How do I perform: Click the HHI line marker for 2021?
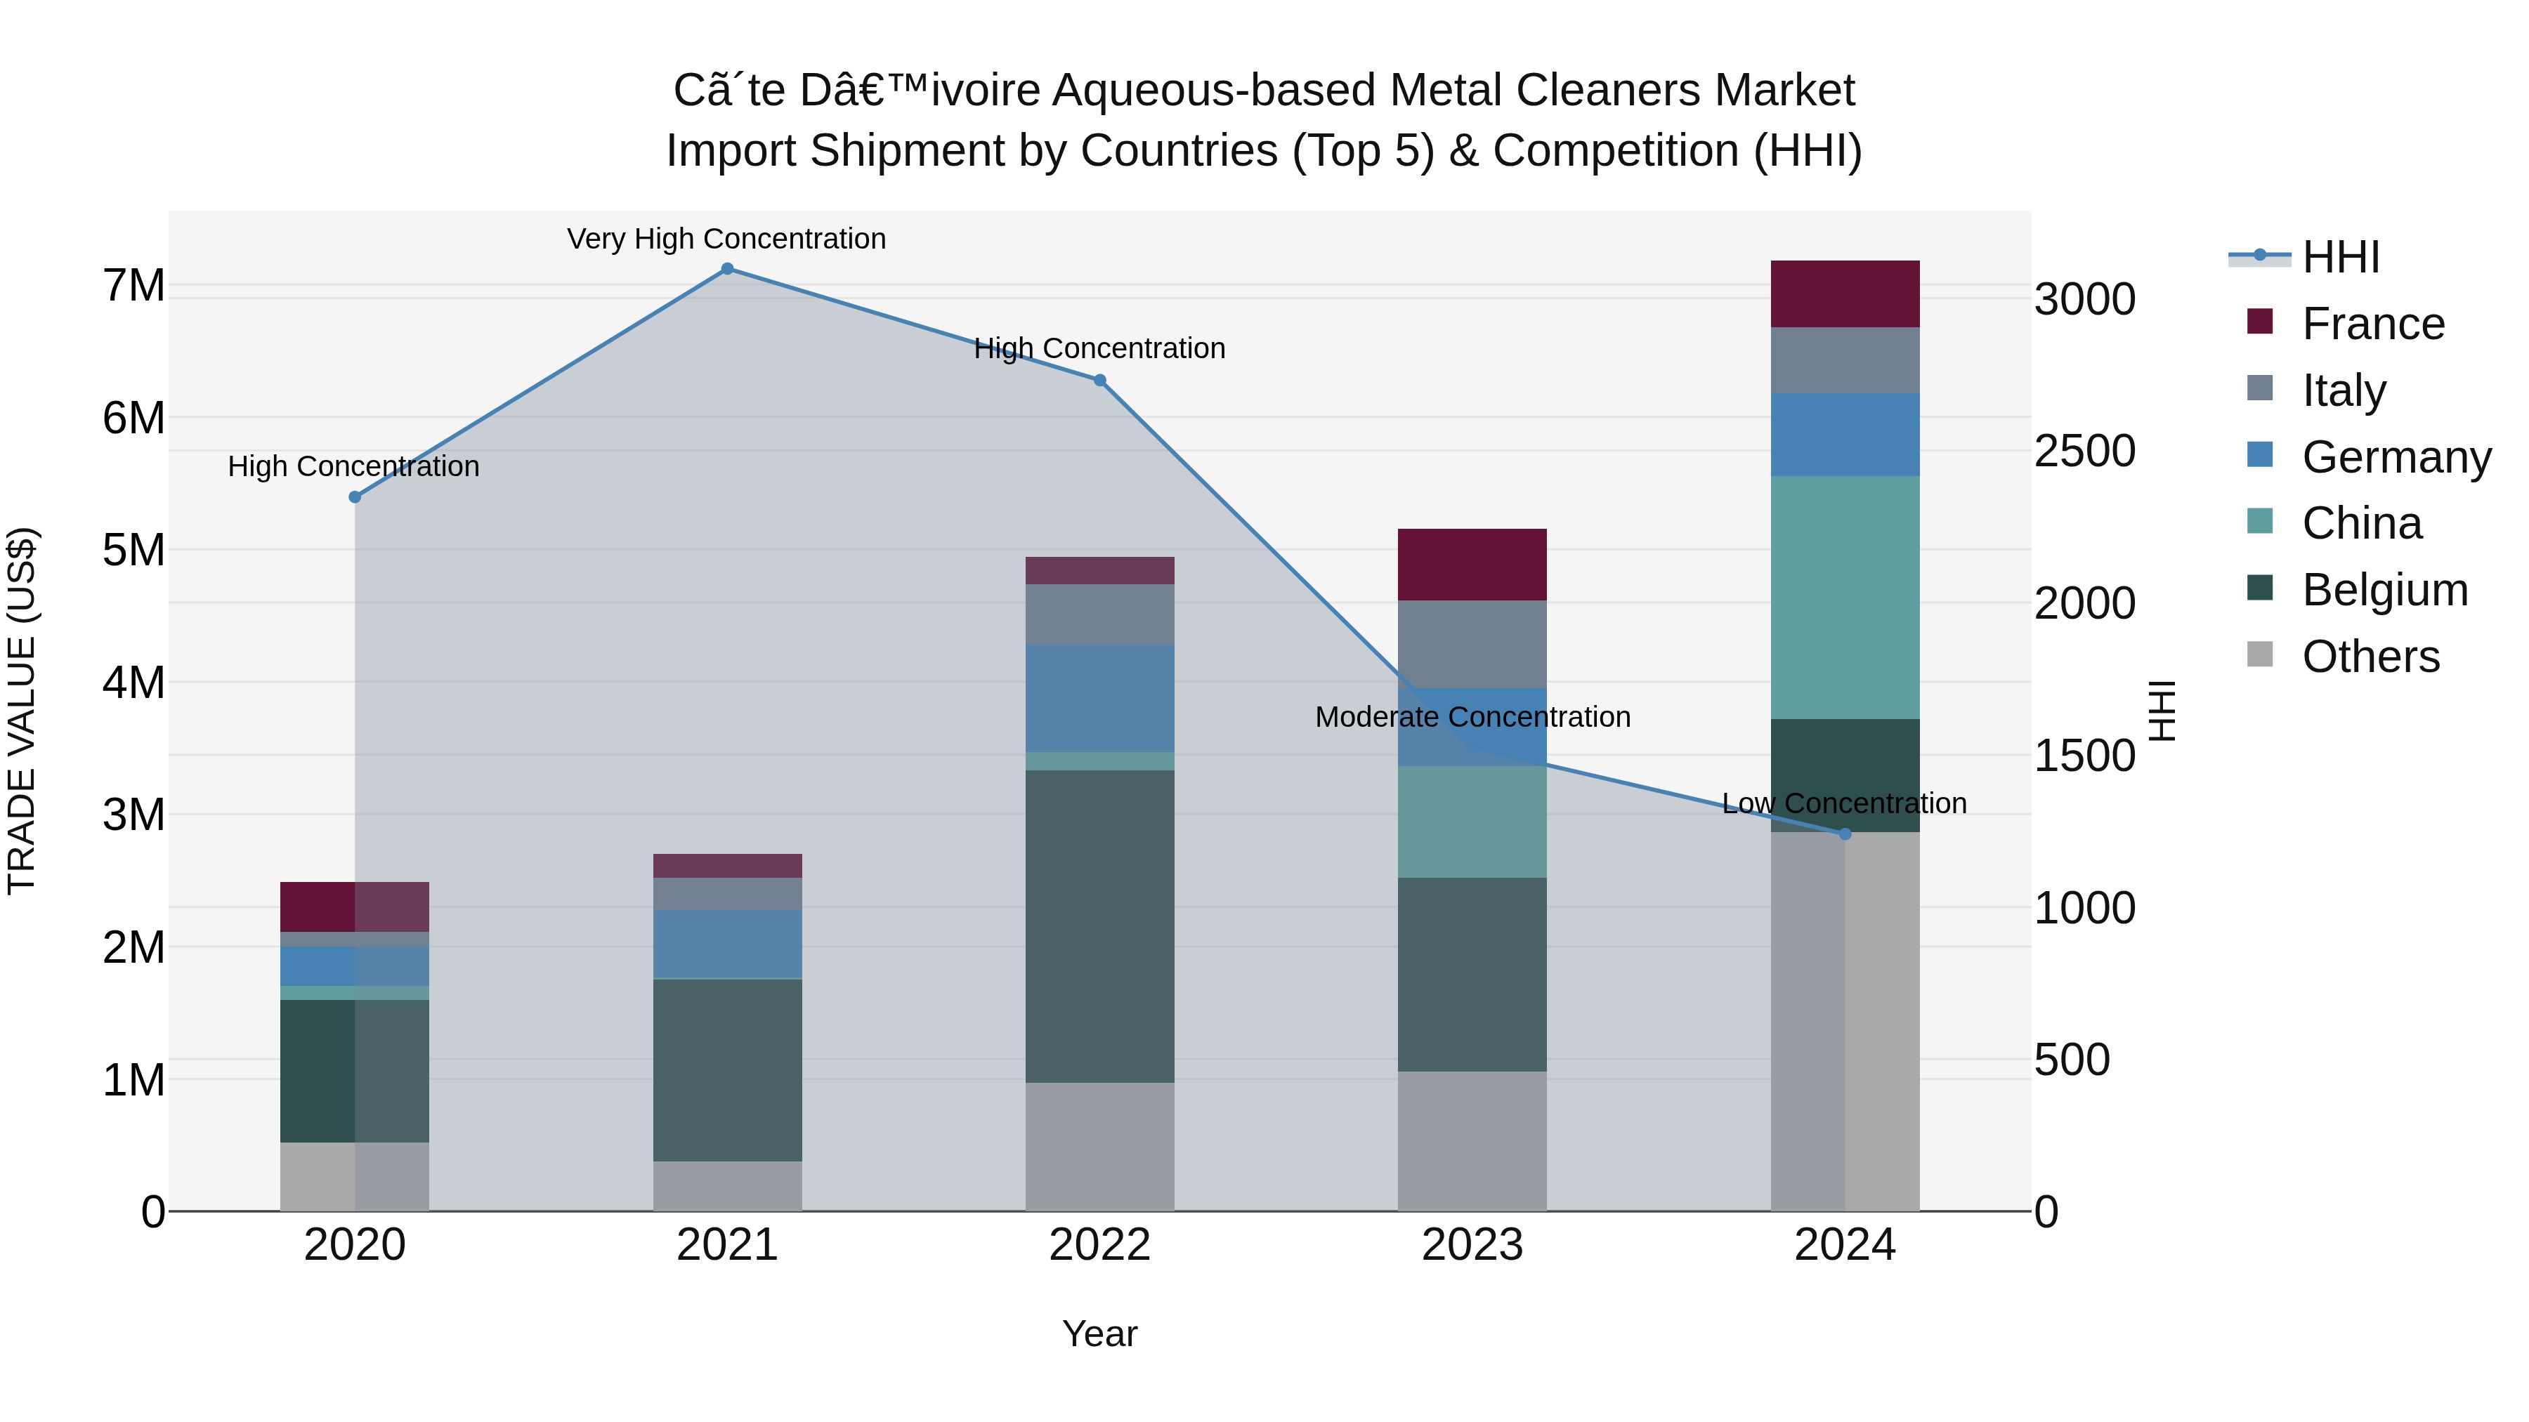click(x=728, y=269)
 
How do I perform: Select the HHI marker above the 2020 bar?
click(x=355, y=498)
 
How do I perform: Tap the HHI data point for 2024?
click(x=1845, y=834)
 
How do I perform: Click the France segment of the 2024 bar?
click(x=1845, y=294)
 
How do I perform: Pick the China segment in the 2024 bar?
click(x=1845, y=598)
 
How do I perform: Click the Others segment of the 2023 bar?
click(x=1472, y=1140)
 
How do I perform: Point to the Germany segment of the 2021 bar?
click(x=728, y=944)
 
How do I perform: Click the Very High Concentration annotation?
click(x=726, y=239)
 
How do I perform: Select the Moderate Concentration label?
click(x=1472, y=718)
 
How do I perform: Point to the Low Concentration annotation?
click(x=1844, y=804)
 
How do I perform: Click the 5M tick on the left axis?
click(x=133, y=550)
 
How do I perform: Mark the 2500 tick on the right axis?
click(x=2084, y=452)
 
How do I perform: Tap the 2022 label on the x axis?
click(x=1099, y=1245)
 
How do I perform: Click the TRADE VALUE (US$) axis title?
click(x=22, y=711)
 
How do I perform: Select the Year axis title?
click(x=1099, y=1334)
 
